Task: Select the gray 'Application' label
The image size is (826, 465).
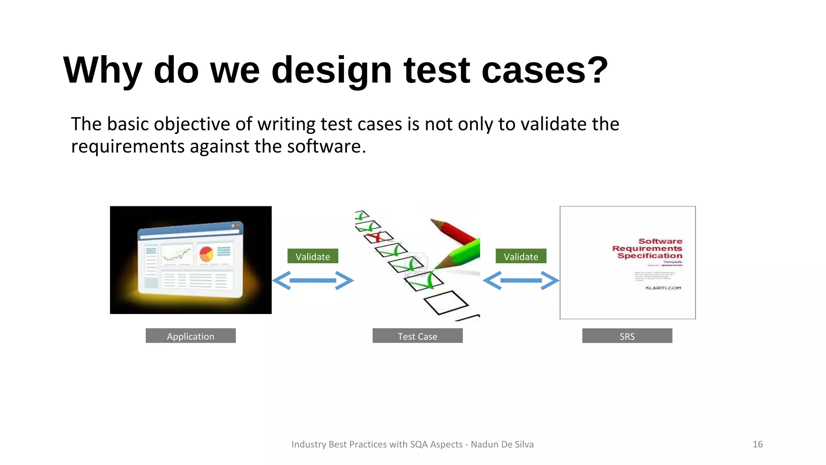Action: (x=190, y=336)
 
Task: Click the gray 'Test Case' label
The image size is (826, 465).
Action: (x=417, y=336)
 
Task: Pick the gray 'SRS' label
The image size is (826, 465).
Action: (x=627, y=336)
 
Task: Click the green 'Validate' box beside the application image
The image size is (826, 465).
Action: (x=313, y=256)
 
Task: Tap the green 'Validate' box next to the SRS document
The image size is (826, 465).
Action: (x=521, y=256)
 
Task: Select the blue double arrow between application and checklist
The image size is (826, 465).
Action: (x=313, y=281)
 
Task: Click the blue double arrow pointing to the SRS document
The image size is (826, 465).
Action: (x=521, y=281)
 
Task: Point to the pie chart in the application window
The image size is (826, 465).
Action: (x=206, y=254)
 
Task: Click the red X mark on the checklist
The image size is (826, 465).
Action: (x=376, y=237)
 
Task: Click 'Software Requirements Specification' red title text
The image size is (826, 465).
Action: (x=647, y=248)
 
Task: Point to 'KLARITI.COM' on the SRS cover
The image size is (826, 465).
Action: (x=663, y=288)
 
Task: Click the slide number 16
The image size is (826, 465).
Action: (x=757, y=444)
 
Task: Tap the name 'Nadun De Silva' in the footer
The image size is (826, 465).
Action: (x=502, y=444)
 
